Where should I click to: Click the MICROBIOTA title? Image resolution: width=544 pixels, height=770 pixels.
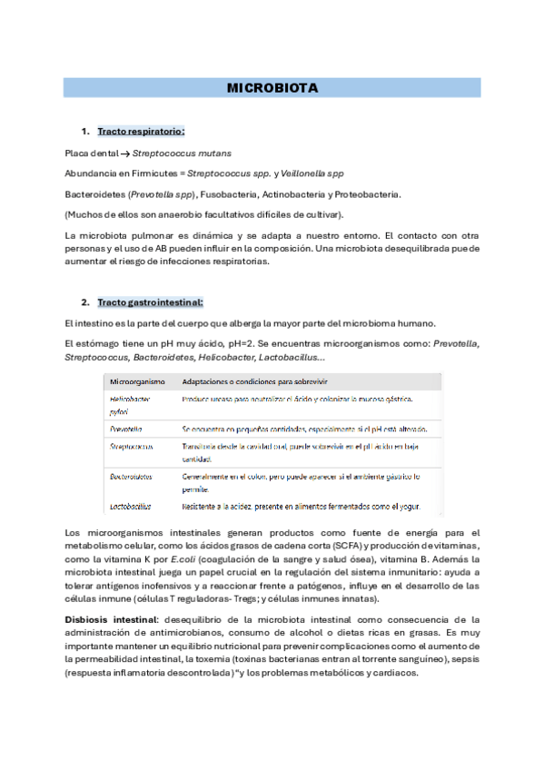coord(272,89)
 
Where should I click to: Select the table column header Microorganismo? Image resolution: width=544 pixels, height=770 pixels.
coord(137,381)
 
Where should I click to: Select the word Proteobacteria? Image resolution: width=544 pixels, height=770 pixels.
coord(369,194)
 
